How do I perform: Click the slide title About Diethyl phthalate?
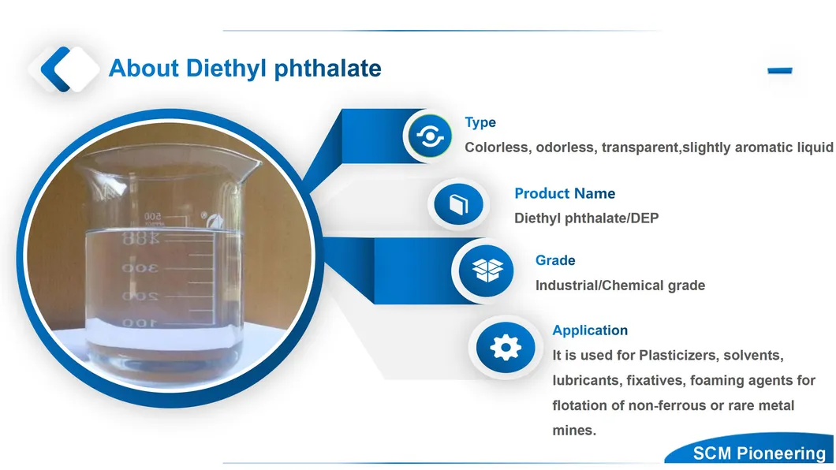point(245,69)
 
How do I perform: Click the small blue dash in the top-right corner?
point(779,70)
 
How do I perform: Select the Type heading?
point(480,122)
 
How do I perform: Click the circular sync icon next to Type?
point(430,136)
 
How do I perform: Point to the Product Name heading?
point(565,193)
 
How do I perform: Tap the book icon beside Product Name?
point(458,204)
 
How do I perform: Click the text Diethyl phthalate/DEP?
point(587,218)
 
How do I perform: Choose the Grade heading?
point(555,260)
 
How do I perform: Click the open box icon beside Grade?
point(487,270)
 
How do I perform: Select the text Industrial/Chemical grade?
point(620,285)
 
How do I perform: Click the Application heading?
point(590,330)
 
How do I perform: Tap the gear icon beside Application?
point(506,348)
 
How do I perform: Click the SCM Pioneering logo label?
point(759,453)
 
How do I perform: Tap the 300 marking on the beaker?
point(140,267)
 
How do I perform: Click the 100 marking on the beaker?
point(139,323)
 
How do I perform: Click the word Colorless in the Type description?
point(496,147)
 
